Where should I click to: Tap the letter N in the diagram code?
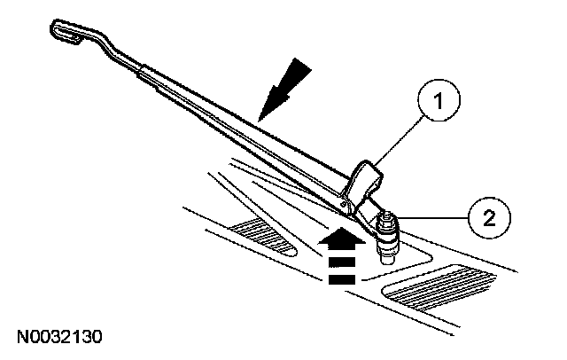click(20, 337)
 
